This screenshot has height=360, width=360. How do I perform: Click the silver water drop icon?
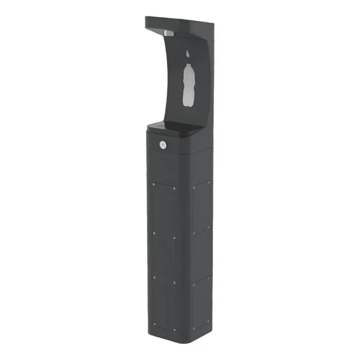click(x=188, y=53)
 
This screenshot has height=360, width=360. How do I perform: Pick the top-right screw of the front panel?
click(x=175, y=188)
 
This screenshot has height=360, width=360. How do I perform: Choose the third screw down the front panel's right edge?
click(x=175, y=282)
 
